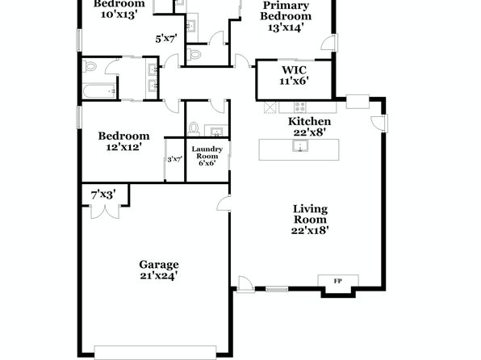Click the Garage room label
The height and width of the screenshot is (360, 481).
click(159, 265)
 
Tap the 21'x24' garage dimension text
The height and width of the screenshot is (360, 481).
click(159, 276)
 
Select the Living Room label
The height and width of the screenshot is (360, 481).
click(310, 214)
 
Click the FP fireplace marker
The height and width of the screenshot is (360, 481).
click(337, 281)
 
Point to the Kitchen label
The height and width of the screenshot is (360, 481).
click(309, 122)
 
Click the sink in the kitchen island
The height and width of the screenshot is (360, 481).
click(299, 146)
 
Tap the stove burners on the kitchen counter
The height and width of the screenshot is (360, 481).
click(299, 107)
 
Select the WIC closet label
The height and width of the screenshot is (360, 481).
click(294, 69)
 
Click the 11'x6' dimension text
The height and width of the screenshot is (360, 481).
click(294, 81)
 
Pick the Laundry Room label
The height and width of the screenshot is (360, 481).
click(207, 153)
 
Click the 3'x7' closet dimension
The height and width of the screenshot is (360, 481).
click(175, 160)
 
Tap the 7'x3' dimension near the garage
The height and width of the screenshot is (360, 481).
click(103, 195)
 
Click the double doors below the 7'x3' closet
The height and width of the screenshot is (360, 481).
click(105, 211)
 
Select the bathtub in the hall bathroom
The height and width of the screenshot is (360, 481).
click(99, 91)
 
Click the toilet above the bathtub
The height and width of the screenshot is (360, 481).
click(90, 66)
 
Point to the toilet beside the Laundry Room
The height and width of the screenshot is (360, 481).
click(194, 129)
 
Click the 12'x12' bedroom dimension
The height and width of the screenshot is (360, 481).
click(123, 148)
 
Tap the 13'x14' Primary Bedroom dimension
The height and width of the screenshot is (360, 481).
click(286, 27)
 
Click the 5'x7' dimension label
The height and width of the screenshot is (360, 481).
click(166, 39)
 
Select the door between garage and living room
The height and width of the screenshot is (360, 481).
click(224, 203)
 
